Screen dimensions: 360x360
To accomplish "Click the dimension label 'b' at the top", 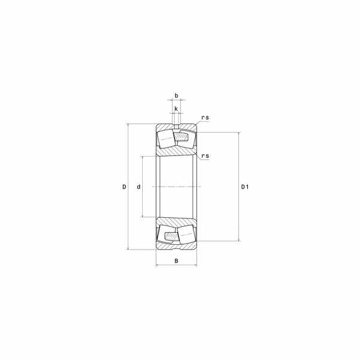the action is tap(176, 96).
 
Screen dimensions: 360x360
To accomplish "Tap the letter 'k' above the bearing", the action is tap(176, 109).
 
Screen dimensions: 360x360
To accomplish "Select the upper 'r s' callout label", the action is tap(205, 118).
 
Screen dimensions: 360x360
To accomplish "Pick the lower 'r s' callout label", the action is tap(205, 156).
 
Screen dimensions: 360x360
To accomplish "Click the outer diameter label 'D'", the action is tap(124, 187).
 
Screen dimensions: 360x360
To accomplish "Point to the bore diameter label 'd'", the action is tap(139, 187).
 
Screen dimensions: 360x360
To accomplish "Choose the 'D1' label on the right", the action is tap(245, 187).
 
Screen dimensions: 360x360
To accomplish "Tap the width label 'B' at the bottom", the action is tap(176, 261).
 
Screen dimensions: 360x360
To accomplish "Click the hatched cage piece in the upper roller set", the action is tap(181, 137).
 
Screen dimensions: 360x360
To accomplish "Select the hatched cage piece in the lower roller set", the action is tap(172, 236).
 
